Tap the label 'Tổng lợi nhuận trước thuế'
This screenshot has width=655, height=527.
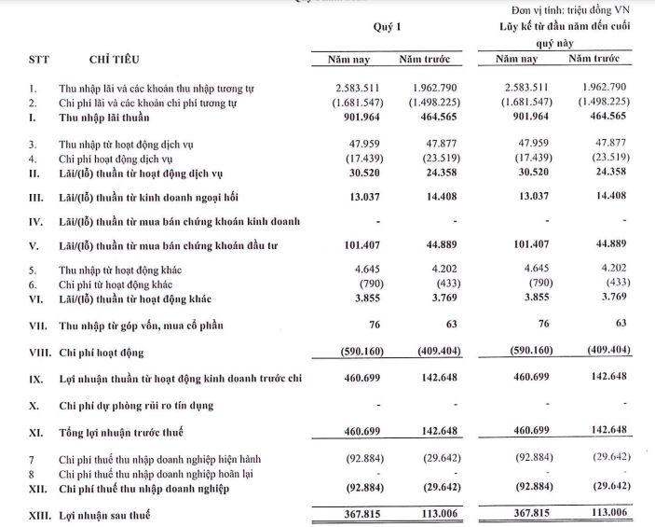130,434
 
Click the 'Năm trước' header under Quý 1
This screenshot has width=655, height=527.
424,61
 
